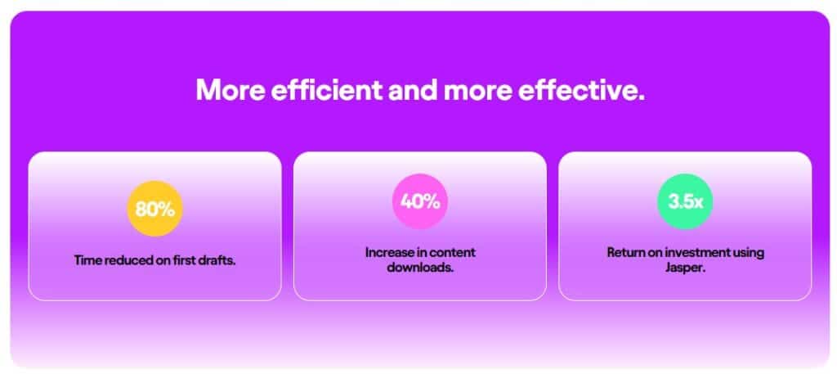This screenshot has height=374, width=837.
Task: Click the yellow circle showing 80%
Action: click(x=154, y=209)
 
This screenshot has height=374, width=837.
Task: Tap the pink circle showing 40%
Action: click(x=420, y=201)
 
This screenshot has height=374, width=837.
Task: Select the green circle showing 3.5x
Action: click(x=685, y=201)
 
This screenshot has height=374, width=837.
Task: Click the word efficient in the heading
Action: click(x=327, y=90)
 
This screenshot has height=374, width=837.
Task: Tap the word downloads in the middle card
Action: click(x=420, y=267)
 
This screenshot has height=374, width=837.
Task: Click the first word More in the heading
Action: click(x=231, y=90)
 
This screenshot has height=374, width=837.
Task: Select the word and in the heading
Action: click(x=413, y=90)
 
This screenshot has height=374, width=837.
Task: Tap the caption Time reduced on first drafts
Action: click(x=154, y=261)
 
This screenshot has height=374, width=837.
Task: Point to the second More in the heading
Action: click(x=477, y=90)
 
